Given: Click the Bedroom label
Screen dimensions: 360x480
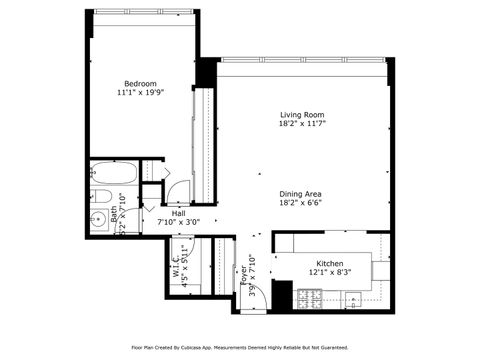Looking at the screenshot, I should (x=140, y=83).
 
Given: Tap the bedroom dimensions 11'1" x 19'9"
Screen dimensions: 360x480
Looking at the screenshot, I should (x=140, y=93).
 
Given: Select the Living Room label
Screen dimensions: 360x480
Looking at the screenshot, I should (x=303, y=114).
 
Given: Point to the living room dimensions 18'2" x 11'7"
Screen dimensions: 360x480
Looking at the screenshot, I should (x=303, y=124).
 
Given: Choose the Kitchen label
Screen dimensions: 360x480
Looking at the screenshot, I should (x=323, y=263).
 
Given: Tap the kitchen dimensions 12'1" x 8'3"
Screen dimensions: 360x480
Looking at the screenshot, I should (x=323, y=273).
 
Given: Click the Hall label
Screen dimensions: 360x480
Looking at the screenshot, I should (x=178, y=213).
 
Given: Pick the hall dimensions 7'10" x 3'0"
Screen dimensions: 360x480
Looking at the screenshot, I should (x=178, y=223).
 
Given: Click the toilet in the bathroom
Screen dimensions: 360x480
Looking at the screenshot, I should (x=101, y=195).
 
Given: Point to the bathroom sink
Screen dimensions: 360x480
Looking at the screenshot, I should (x=99, y=219).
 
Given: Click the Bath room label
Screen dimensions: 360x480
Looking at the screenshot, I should (x=116, y=213).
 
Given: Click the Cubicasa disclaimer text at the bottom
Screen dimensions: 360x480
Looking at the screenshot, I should (x=240, y=347).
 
